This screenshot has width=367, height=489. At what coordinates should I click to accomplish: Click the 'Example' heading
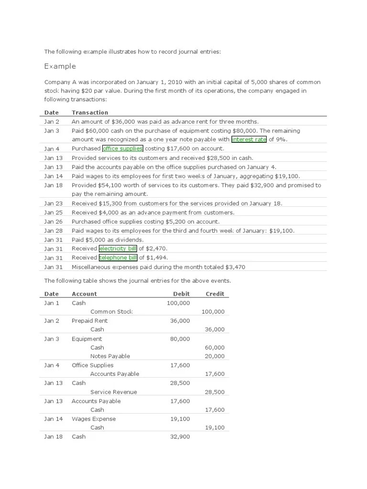coord(60,66)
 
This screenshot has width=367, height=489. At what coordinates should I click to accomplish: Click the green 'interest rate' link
coord(248,139)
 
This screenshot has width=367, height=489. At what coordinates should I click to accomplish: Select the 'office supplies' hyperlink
coord(122,149)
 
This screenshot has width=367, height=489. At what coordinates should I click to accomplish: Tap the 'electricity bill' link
coord(118,249)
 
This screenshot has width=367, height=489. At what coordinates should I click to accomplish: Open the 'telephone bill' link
coord(118,258)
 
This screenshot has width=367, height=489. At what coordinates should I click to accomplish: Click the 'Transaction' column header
coord(90,113)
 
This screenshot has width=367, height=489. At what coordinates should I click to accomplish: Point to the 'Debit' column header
coord(181,294)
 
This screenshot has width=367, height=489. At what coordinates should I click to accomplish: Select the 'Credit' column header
coord(215,294)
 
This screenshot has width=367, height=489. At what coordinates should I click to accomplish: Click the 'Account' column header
coord(84,294)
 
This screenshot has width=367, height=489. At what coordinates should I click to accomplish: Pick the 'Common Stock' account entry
coord(111,312)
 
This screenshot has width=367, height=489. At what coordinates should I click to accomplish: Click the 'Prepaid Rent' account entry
coord(89,321)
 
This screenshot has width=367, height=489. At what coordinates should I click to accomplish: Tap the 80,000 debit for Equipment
coord(180,339)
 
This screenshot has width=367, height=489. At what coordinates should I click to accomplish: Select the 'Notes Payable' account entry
coord(110,356)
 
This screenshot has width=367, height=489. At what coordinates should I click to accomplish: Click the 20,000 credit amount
coord(215,356)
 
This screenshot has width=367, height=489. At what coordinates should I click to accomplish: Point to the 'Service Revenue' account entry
coord(113,392)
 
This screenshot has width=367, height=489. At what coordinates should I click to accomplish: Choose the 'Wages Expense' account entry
coord(94,419)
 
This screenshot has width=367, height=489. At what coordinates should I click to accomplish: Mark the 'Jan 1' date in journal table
coord(52,303)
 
